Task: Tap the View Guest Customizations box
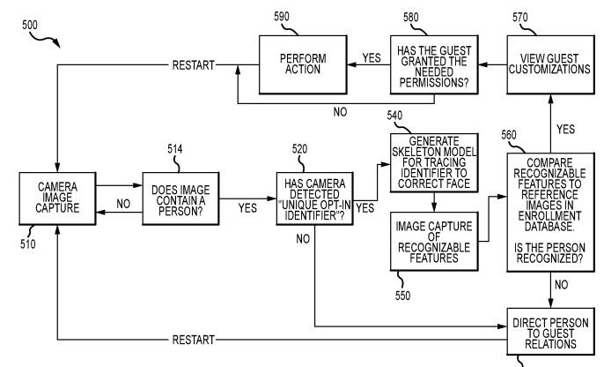click(547, 64)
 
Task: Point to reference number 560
click(509, 135)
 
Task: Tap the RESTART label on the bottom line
click(192, 339)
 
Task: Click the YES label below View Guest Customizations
click(566, 130)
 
